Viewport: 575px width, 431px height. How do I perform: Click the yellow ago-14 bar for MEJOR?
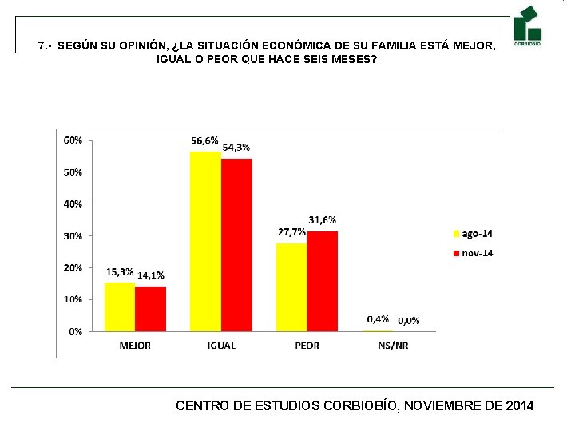coord(120,306)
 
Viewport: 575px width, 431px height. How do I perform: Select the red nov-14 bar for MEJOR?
coord(150,308)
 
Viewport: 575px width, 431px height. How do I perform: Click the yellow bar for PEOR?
coord(291,287)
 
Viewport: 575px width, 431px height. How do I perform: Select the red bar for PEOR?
coord(322,281)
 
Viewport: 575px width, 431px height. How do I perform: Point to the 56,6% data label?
coord(204,140)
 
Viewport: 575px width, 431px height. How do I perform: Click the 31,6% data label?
coord(322,219)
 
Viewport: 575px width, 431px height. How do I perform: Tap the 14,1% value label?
coord(151,275)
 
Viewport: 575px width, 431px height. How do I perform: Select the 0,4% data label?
coord(378,318)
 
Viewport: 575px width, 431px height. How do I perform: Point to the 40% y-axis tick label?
coord(73,204)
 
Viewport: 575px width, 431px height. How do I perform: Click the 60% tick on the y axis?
coord(73,140)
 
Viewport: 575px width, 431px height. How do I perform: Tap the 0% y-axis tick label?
coord(74,331)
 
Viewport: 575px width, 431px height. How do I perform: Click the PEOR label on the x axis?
coord(307,346)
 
